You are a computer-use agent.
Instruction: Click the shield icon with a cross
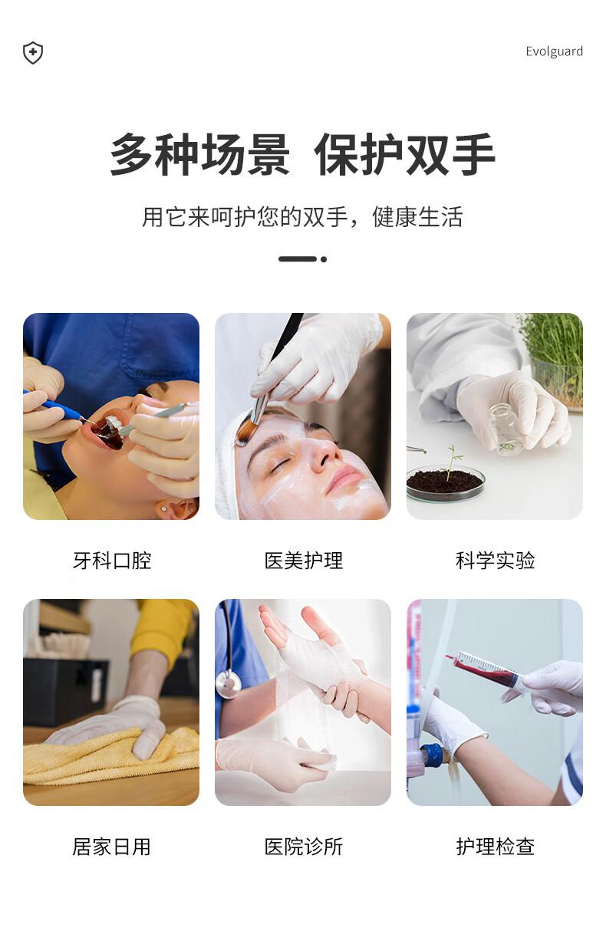[33, 53]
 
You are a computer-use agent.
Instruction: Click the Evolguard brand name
[554, 51]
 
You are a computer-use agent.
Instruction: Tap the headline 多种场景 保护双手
[302, 156]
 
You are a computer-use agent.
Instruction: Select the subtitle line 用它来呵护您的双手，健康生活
[302, 217]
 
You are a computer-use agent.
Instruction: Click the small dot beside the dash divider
[324, 259]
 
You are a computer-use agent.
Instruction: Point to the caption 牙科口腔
[112, 561]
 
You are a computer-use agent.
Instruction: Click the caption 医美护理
[304, 561]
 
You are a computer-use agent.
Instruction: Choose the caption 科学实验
[495, 561]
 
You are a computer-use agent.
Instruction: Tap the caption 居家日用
[112, 847]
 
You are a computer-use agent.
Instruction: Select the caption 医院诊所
[304, 847]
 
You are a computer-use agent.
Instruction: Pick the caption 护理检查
[495, 847]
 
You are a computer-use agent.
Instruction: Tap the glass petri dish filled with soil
[445, 482]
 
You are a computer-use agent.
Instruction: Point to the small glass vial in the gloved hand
[507, 429]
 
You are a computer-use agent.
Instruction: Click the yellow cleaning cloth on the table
[107, 755]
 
